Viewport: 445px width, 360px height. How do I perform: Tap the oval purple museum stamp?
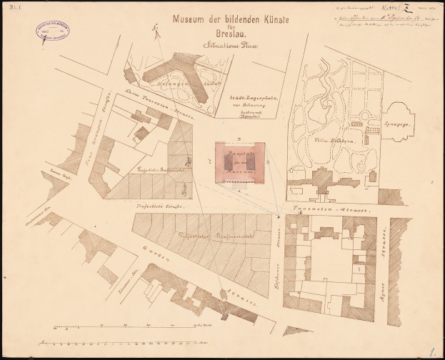(52, 31)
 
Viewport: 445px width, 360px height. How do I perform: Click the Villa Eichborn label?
(333, 141)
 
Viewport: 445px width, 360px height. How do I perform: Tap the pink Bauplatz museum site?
(240, 162)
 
